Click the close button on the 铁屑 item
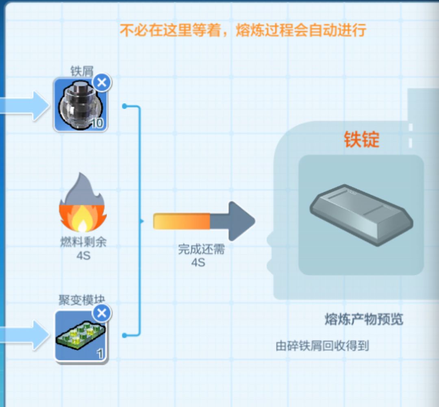[102, 83]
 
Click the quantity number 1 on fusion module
[100, 354]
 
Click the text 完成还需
[201, 249]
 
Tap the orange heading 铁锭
[361, 139]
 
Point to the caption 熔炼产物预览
[364, 319]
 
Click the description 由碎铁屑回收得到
[322, 346]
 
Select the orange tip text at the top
[243, 30]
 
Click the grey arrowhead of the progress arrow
[241, 222]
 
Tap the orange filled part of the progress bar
[181, 221]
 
